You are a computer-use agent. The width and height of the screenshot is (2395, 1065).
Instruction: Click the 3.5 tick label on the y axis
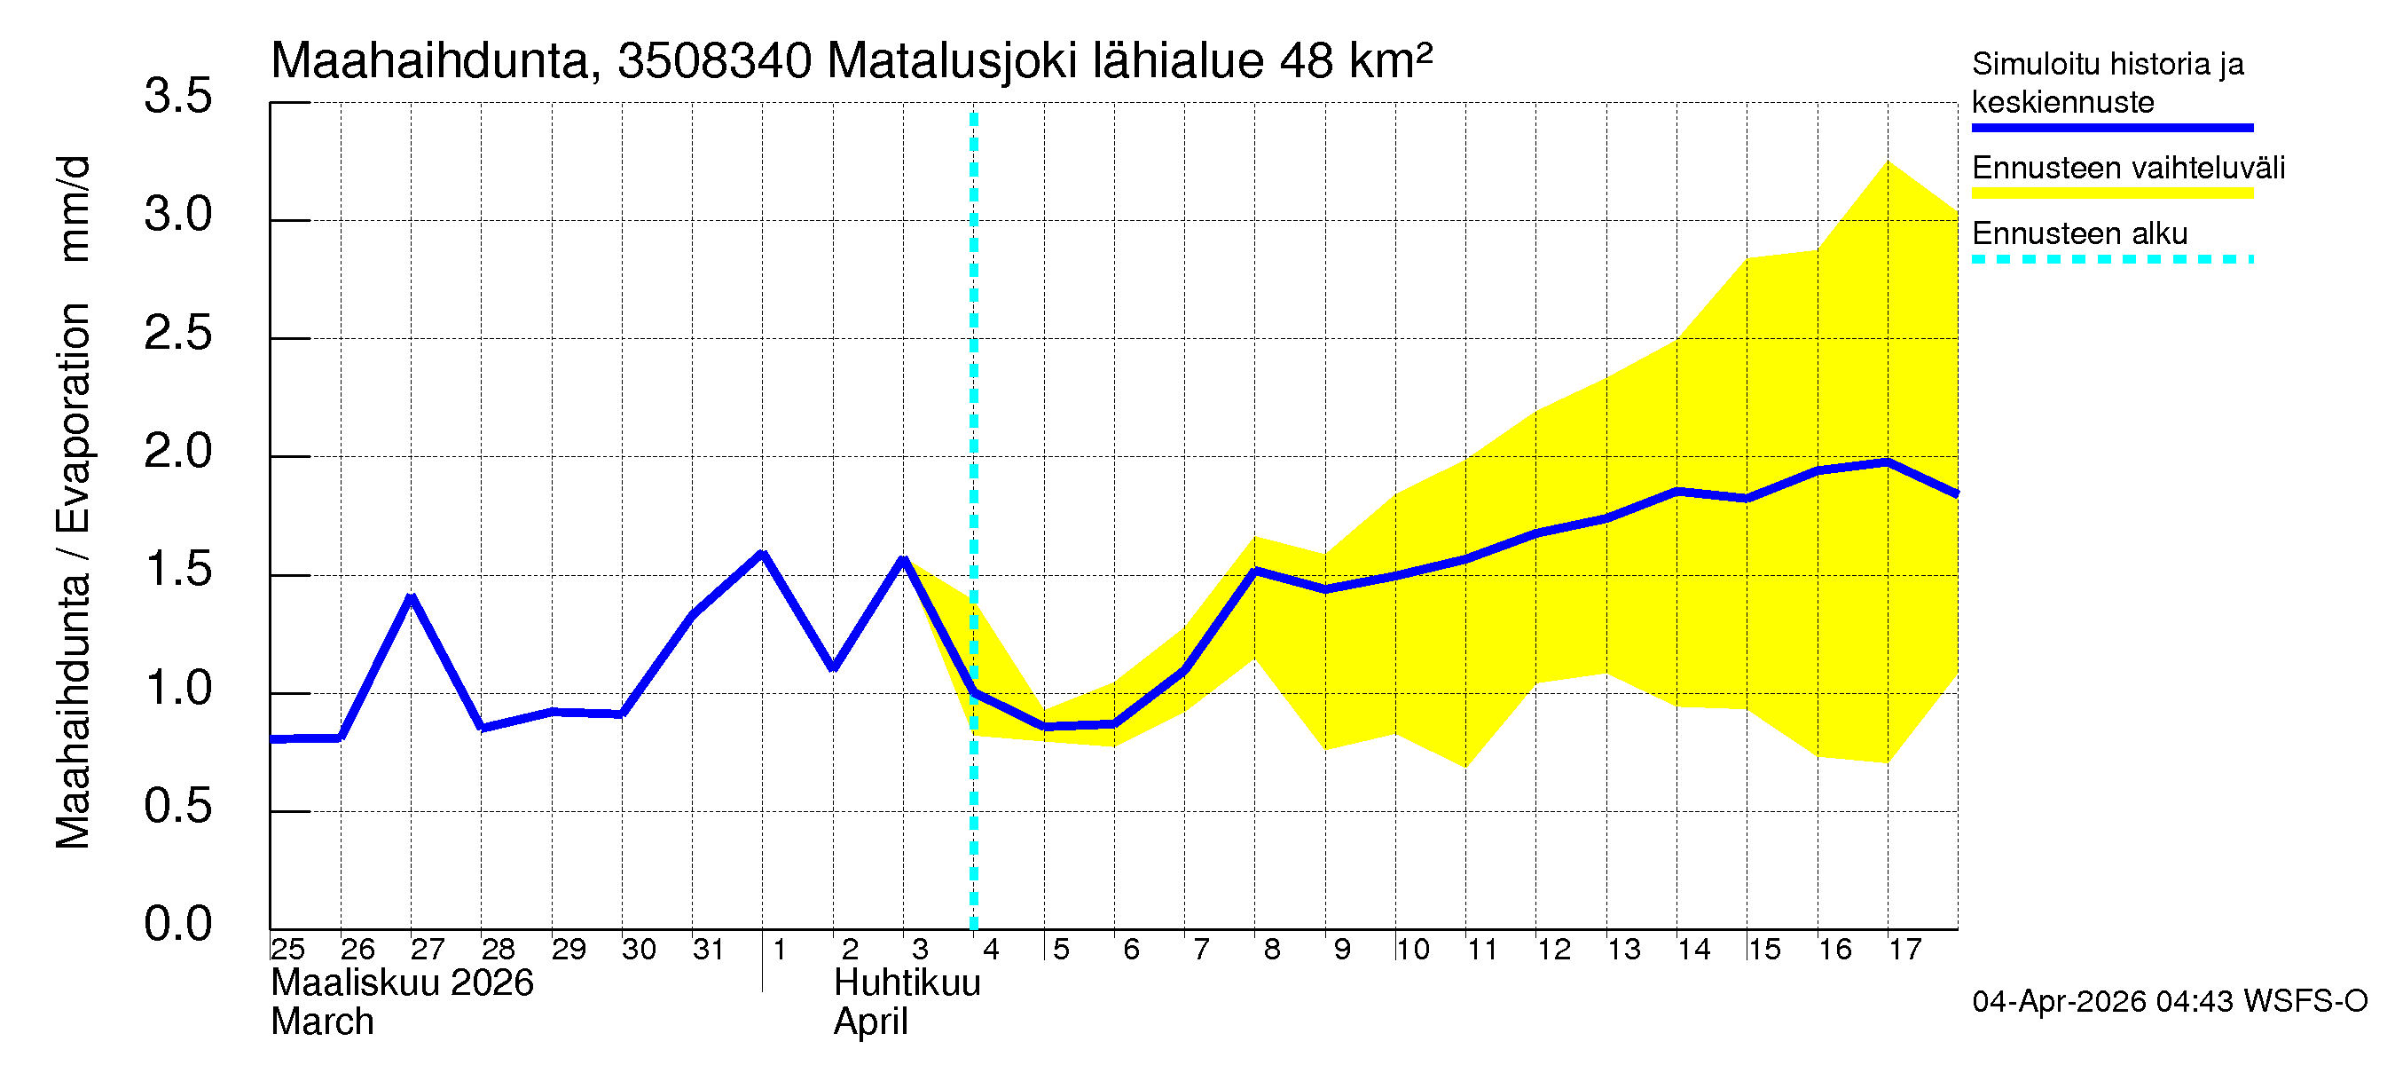point(177,97)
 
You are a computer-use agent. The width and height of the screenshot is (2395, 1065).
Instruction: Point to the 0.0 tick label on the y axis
point(177,924)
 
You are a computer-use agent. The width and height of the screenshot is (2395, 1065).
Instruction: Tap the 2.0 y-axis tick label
point(177,452)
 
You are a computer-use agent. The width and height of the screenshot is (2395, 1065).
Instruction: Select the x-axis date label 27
point(427,949)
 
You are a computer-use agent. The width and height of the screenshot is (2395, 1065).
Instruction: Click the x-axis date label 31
point(709,949)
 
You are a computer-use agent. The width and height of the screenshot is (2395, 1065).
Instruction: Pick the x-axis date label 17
point(1904,949)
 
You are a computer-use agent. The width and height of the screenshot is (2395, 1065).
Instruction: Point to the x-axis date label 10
point(1412,949)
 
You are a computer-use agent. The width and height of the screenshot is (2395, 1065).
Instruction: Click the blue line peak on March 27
point(411,597)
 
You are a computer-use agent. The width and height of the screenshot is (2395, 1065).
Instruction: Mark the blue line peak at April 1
point(762,555)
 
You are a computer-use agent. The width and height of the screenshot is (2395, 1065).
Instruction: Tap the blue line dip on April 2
point(833,667)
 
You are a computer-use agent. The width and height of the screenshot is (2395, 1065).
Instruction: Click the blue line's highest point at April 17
point(1888,462)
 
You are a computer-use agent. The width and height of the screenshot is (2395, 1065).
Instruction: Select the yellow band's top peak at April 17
point(1888,162)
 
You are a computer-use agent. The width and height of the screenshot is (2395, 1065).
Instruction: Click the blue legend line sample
point(2111,128)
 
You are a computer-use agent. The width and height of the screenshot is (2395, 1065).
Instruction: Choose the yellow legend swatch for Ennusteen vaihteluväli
point(2111,193)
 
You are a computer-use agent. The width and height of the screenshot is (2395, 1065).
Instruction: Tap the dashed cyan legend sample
point(2111,259)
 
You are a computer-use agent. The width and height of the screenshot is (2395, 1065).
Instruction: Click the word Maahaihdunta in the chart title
point(430,61)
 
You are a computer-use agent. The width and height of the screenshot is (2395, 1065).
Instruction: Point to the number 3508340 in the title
point(714,61)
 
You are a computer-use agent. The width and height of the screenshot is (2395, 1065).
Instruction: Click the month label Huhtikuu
point(907,983)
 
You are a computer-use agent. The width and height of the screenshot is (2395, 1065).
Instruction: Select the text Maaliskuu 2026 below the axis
point(402,983)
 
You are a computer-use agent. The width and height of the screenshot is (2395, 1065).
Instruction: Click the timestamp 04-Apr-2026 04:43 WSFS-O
point(2169,1002)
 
